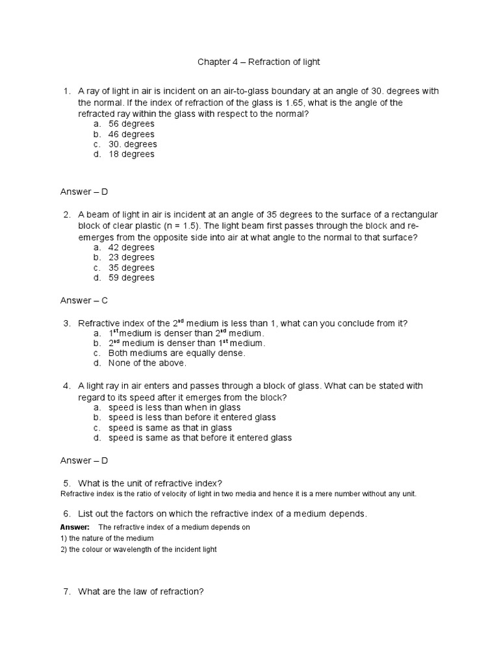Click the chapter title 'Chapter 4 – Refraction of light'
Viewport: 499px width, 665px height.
tap(259, 62)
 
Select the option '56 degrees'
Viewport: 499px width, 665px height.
tap(131, 123)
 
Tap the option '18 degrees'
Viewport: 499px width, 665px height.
tap(131, 154)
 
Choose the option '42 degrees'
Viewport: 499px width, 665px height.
tap(131, 247)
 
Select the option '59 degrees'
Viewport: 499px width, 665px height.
tap(131, 277)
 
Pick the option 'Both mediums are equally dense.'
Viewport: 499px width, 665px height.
tap(177, 353)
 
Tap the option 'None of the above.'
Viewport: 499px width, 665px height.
tap(147, 363)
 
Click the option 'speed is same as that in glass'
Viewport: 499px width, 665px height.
tap(170, 428)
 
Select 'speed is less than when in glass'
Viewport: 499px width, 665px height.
tap(175, 408)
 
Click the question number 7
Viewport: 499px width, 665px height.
tap(67, 592)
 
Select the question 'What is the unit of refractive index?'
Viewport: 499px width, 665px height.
tap(150, 483)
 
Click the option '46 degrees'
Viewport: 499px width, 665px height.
tap(131, 134)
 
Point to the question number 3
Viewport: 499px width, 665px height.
tap(67, 323)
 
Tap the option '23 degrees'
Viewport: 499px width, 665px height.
tap(131, 257)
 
